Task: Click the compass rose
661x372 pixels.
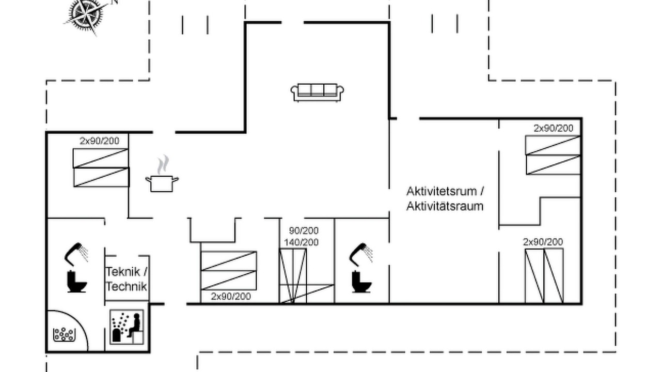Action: pos(86,16)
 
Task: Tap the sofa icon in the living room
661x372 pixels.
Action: pos(317,92)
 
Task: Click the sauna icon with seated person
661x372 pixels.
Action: pos(127,327)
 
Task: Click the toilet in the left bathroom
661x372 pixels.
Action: pos(77,282)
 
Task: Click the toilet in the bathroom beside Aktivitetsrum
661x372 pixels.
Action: pos(361,282)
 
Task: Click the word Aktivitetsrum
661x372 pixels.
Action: pos(442,191)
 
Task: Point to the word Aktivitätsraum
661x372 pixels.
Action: pos(445,206)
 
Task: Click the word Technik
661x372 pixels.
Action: pos(127,286)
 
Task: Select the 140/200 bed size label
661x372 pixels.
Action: pos(301,242)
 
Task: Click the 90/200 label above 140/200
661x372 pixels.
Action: pos(304,230)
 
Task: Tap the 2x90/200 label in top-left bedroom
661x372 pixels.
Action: pos(100,141)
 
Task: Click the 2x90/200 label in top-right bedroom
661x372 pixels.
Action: pos(554,128)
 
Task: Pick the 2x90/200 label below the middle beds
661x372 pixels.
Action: pos(231,297)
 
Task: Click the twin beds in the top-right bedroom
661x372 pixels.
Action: pos(553,155)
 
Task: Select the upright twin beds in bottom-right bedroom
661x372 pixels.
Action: pos(544,276)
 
